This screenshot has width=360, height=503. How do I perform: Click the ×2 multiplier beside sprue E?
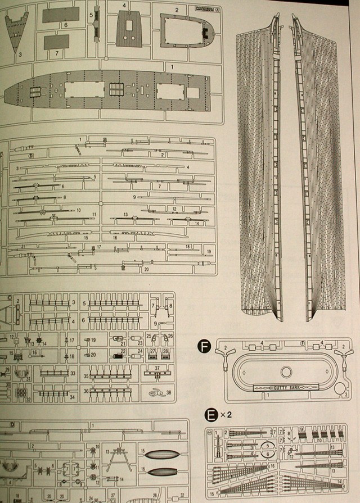(x=223, y=416)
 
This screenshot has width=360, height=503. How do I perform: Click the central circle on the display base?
(x=285, y=371)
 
